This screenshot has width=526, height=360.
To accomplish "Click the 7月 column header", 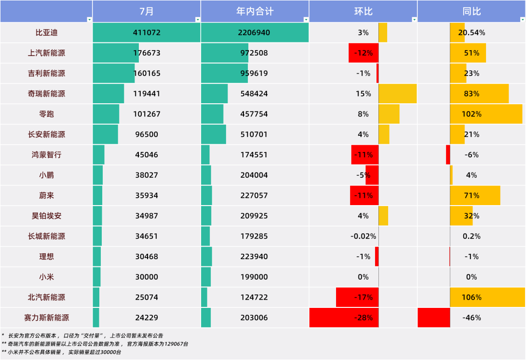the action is [x=147, y=11].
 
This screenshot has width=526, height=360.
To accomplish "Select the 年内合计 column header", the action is [x=255, y=11].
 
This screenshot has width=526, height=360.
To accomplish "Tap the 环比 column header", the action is [x=363, y=11].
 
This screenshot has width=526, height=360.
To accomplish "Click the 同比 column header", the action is [x=471, y=11].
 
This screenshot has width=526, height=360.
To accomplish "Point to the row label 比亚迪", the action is [x=46, y=33].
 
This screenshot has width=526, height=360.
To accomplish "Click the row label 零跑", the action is [x=46, y=114].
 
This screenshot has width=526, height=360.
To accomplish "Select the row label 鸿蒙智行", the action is [x=46, y=155].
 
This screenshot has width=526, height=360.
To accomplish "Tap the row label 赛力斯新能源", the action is [x=46, y=318].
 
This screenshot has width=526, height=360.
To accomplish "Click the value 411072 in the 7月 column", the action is [x=147, y=33].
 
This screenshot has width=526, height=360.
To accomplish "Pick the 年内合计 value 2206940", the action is [x=254, y=33].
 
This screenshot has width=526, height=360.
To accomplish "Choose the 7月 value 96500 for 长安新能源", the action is [x=147, y=134].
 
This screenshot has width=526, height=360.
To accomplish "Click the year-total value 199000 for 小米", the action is [x=254, y=277].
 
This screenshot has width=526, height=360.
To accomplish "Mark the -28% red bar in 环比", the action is [x=344, y=318].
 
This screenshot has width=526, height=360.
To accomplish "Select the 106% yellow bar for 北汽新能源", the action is [x=488, y=297].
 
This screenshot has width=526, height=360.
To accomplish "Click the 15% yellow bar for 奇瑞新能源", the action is [x=397, y=94].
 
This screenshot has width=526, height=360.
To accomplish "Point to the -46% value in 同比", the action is [x=471, y=318].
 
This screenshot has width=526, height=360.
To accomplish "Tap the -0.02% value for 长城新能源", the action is [x=363, y=236].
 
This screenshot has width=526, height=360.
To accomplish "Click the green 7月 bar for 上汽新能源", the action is [x=116, y=53].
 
